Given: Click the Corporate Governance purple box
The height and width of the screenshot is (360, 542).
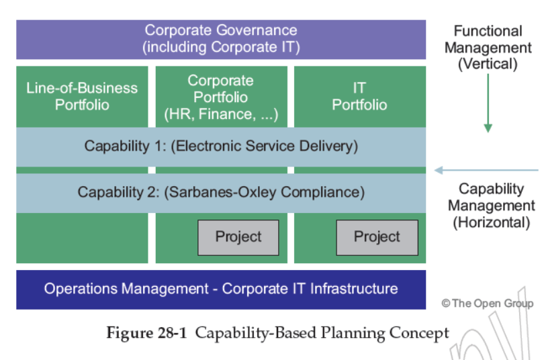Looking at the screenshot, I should click(221, 39).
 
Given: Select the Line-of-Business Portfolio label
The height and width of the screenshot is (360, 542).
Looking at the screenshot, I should click(82, 96).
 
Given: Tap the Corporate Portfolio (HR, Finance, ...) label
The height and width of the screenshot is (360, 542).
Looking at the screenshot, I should click(221, 97).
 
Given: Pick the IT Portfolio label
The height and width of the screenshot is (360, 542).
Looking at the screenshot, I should click(359, 96).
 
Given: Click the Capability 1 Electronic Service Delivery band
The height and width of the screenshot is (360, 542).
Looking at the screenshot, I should click(221, 146).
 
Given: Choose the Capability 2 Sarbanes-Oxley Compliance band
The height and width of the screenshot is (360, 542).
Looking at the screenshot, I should click(221, 192).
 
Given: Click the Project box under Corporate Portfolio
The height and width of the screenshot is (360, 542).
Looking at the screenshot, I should click(238, 237).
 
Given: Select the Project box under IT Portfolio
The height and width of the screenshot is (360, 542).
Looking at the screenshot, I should click(377, 237).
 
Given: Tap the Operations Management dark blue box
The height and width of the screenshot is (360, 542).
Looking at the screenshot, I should click(221, 289).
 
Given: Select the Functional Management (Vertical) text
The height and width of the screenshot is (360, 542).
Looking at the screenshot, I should click(488, 48).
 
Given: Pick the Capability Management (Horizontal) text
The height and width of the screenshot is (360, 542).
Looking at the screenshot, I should click(491, 206).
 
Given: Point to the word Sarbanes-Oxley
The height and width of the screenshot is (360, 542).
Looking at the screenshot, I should click(228, 192).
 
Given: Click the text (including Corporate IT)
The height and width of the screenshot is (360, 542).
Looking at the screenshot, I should click(221, 47).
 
